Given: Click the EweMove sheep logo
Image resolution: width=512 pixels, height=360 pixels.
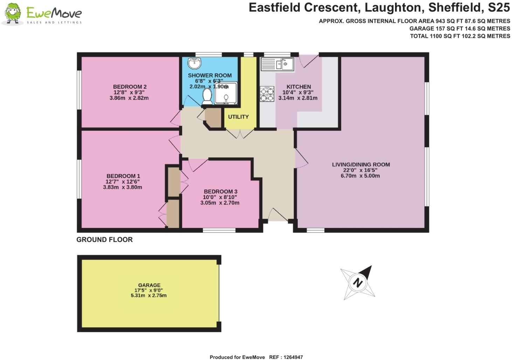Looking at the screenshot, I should (x=13, y=14).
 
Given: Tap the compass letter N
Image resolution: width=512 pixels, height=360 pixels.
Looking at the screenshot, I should (x=358, y=283).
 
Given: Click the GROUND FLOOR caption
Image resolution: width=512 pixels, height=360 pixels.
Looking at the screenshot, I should (x=104, y=240).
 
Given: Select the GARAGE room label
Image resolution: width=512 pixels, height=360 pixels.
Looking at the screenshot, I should (x=149, y=285).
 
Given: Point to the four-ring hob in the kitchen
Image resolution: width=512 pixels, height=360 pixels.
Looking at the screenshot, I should (x=267, y=94).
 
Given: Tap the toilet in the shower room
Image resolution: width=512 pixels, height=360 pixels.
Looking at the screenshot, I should (x=207, y=96).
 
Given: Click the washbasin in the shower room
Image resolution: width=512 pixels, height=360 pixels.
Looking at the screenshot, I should (x=194, y=63).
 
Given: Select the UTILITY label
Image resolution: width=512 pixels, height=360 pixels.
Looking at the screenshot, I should (x=238, y=117).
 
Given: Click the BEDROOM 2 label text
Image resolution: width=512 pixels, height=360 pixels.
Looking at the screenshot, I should (x=130, y=87).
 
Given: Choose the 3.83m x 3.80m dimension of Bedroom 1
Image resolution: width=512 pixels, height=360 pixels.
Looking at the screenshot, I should (x=123, y=187).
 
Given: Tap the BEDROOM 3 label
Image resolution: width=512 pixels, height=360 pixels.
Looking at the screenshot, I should (x=221, y=192).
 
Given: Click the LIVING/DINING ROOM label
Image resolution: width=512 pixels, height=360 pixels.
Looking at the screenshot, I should (x=361, y=165).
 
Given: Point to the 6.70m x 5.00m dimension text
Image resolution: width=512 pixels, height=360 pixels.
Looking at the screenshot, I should (x=360, y=176).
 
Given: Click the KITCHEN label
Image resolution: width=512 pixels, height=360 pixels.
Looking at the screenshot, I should (x=298, y=87).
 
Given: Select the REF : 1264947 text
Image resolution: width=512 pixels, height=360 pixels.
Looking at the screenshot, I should (x=286, y=357).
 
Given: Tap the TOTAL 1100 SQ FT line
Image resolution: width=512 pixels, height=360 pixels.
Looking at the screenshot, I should (x=460, y=36).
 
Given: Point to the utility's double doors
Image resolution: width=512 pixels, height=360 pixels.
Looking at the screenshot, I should (x=239, y=134).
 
